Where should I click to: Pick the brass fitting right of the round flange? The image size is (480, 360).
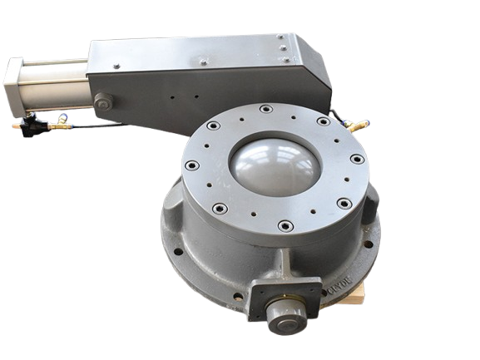click(x=359, y=126)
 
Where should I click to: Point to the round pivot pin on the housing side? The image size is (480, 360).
click(x=102, y=105)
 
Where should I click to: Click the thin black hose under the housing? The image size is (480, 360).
click(x=125, y=128)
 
